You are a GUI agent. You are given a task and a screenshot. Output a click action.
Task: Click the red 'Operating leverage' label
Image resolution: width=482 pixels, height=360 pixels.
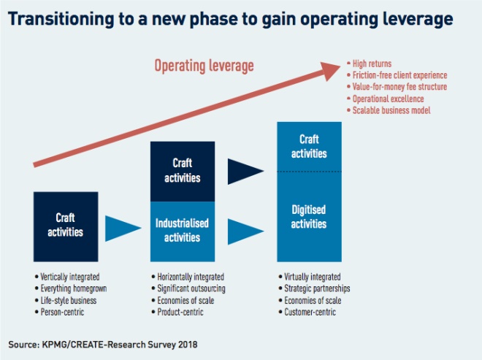pyautogui.click(x=204, y=66)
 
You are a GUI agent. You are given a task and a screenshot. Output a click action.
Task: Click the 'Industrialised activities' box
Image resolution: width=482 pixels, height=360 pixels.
pyautogui.click(x=183, y=231)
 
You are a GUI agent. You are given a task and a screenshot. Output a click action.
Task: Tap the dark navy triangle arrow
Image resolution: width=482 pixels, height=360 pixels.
pyautogui.click(x=245, y=172)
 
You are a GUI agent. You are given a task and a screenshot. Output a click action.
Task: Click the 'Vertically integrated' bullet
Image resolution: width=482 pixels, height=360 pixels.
pyautogui.click(x=70, y=277)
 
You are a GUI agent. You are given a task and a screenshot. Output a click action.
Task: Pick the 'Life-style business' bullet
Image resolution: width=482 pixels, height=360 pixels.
pyautogui.click(x=68, y=300)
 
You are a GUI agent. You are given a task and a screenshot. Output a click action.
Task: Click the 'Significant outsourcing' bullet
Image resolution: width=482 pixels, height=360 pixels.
pyautogui.click(x=191, y=288)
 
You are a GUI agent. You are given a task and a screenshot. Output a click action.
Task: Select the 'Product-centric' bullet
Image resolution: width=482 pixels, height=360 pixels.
pyautogui.click(x=180, y=312)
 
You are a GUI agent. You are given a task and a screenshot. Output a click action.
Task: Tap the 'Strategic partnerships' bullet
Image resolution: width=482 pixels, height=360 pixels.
pyautogui.click(x=315, y=288)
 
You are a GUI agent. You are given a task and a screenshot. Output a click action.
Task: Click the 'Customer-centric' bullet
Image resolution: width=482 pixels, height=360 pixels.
pyautogui.click(x=310, y=312)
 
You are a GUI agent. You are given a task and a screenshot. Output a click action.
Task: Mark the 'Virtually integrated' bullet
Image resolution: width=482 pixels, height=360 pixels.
pyautogui.click(x=310, y=277)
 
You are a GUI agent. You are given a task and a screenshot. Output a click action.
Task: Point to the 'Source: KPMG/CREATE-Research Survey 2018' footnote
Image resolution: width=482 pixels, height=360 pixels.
pyautogui.click(x=102, y=343)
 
